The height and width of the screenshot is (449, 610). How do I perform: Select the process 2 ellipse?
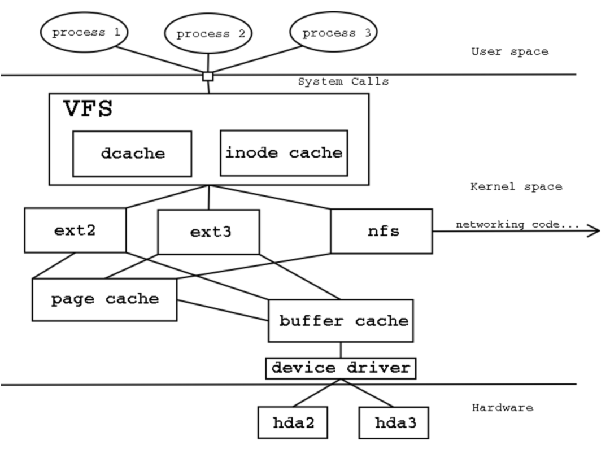[x=211, y=34]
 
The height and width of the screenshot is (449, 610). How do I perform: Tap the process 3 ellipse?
[x=337, y=33]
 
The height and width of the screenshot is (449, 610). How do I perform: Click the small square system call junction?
[x=208, y=76]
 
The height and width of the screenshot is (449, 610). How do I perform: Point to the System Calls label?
[x=343, y=82]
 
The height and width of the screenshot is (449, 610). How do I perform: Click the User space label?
[x=509, y=51]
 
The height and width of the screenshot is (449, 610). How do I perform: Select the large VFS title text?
[x=87, y=109]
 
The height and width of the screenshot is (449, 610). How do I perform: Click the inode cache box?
[x=283, y=152]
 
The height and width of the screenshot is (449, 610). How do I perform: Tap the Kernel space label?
[x=516, y=187]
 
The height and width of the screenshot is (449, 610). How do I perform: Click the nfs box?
[x=381, y=231]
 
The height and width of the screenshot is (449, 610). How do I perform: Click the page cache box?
[x=104, y=299]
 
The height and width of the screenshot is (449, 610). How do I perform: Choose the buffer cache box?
[x=343, y=321]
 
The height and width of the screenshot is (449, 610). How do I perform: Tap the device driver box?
[x=341, y=368]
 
